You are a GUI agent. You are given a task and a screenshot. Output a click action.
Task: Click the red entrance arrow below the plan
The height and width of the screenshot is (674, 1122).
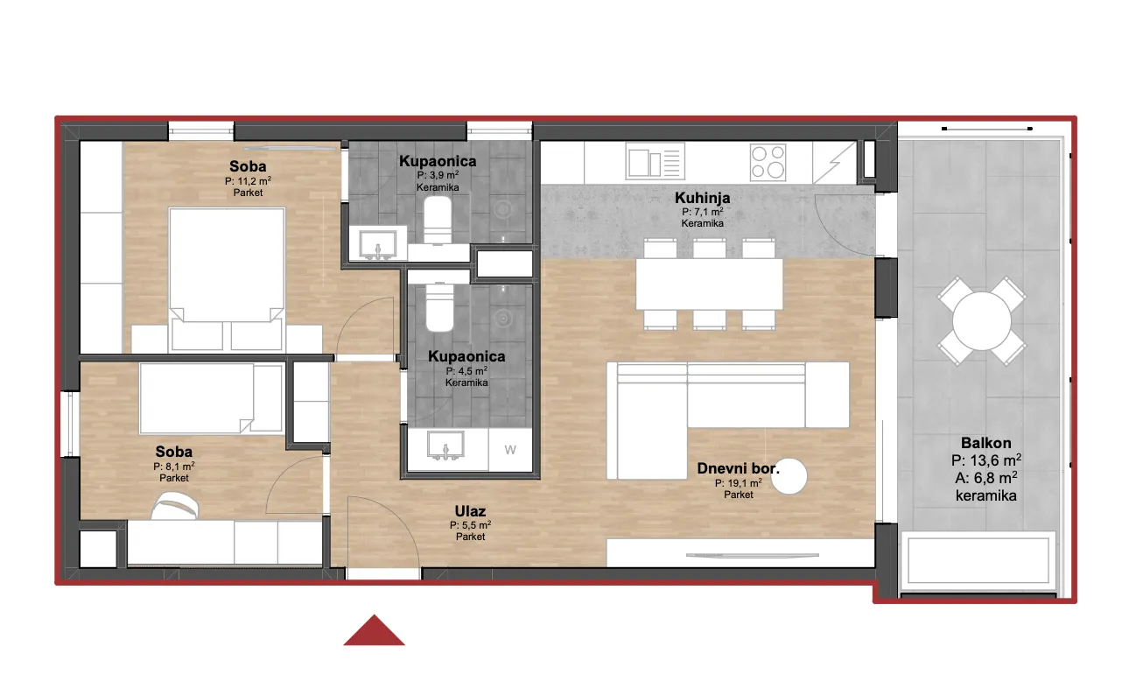click(375, 631)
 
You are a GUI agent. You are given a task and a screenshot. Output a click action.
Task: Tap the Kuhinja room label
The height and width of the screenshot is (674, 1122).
click(702, 198)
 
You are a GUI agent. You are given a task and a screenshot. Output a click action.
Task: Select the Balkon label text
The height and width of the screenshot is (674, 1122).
click(985, 443)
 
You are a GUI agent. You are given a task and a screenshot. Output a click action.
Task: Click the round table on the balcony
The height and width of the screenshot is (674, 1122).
click(982, 321)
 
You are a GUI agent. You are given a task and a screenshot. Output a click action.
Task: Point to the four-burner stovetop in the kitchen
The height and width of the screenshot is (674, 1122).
click(768, 162)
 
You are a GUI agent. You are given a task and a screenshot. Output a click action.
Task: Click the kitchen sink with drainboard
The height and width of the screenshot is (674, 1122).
click(656, 161)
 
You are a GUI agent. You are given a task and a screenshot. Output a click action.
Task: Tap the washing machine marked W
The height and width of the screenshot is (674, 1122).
click(510, 450)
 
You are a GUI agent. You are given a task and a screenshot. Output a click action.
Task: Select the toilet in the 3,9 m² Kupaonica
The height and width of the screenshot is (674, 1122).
click(438, 220)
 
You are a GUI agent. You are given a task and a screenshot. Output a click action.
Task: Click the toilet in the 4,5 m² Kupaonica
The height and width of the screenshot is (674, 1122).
click(439, 307)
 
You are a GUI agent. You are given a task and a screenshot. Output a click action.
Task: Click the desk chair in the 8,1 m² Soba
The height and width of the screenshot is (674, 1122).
click(175, 505)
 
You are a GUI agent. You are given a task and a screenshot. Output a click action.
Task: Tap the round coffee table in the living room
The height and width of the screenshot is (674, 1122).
click(789, 476)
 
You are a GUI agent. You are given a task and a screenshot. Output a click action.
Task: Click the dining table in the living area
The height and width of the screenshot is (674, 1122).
click(709, 284)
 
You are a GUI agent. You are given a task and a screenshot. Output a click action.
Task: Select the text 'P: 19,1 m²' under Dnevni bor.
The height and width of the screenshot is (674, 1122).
click(739, 483)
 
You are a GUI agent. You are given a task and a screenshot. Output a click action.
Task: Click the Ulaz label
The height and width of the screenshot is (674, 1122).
click(470, 511)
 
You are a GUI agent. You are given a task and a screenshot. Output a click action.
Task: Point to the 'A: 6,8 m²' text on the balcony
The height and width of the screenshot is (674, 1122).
click(985, 478)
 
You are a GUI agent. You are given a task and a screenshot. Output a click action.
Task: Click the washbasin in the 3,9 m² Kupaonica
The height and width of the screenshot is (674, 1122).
click(378, 244)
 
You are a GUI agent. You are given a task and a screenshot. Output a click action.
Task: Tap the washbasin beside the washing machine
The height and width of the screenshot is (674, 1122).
click(445, 445)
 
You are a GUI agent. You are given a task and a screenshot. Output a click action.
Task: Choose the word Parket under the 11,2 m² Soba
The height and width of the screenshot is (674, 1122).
click(248, 193)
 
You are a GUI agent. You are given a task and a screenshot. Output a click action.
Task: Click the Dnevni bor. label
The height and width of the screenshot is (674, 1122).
click(739, 468)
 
